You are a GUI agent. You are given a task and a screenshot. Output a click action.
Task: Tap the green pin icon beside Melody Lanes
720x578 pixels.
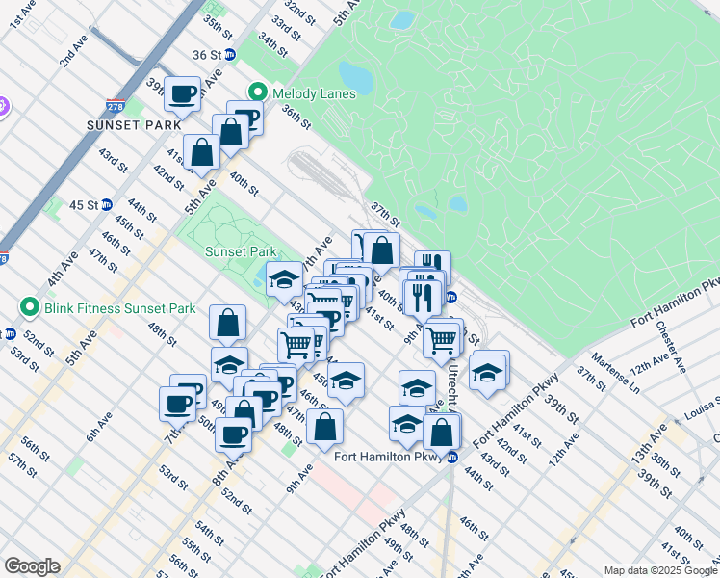click(258, 93)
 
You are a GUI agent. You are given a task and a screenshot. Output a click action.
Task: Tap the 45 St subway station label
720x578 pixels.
click(85, 204)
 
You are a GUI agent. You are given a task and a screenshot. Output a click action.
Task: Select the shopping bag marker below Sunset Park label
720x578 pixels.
click(228, 323)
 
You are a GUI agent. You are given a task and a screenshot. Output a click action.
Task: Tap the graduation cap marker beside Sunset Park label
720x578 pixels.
click(284, 279)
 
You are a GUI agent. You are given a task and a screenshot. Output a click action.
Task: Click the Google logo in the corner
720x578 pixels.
click(32, 566)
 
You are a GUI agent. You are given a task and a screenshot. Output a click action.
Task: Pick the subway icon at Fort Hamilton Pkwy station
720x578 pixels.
click(452, 457)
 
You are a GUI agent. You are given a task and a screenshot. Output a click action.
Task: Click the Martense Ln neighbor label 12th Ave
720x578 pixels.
click(651, 362)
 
